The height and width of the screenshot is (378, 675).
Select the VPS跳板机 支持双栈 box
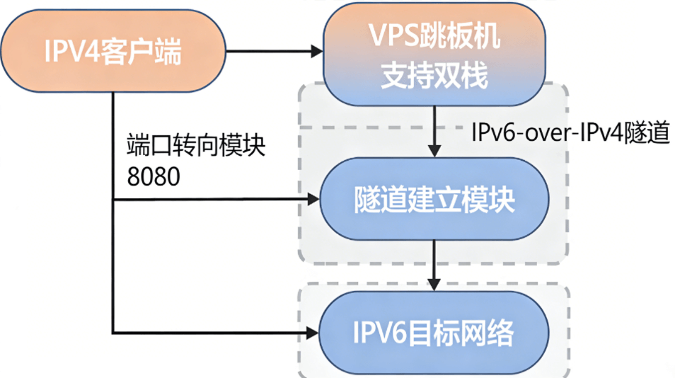click(434, 56)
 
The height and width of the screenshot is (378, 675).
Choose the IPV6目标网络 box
click(434, 331)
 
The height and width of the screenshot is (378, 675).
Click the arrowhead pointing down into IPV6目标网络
click(434, 283)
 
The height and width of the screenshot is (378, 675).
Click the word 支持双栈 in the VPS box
click(434, 76)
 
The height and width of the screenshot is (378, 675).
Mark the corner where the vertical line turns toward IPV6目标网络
click(113, 331)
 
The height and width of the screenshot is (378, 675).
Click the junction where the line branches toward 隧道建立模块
click(113, 200)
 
